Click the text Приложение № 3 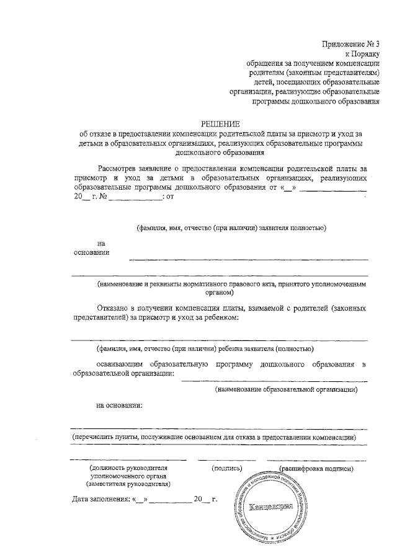tap(350, 44)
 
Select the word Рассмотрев tap(120, 168)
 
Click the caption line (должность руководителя tap(128, 467)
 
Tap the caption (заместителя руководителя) tap(128, 483)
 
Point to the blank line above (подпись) tap(226, 459)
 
